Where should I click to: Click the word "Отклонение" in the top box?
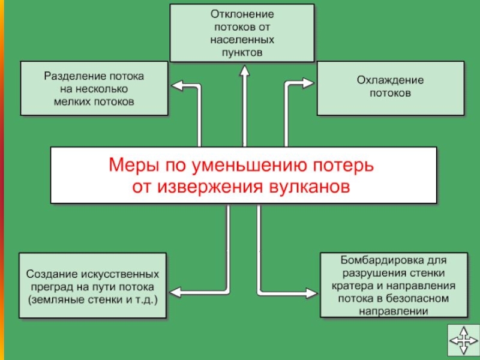pyautogui.click(x=242, y=13)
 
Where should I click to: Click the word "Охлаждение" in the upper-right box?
pyautogui.click(x=390, y=80)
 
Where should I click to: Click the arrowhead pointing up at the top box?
pyautogui.click(x=244, y=70)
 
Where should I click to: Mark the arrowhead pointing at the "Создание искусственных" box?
pyautogui.click(x=176, y=292)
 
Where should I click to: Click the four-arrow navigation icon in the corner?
pyautogui.click(x=463, y=343)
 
